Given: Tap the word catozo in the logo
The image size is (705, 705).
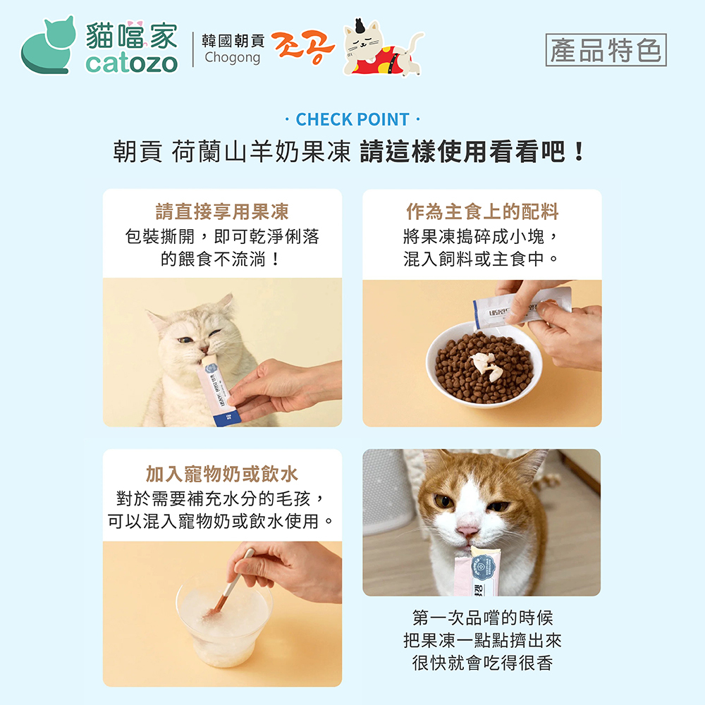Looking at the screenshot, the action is click(x=131, y=63).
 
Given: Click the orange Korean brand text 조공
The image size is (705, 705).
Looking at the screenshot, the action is click(x=303, y=47).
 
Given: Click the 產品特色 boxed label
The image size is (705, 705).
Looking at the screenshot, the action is click(x=606, y=50).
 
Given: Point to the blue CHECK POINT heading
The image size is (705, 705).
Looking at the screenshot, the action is click(x=352, y=120).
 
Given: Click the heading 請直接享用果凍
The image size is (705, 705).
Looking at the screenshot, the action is click(x=222, y=211).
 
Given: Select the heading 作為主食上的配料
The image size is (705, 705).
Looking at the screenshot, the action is click(x=482, y=211).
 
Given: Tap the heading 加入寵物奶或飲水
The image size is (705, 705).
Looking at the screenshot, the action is click(x=222, y=474).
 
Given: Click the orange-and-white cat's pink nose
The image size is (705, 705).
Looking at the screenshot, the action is click(x=467, y=531).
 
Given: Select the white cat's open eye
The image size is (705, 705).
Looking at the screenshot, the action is click(x=185, y=340).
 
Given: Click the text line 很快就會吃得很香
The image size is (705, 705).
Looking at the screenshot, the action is click(x=482, y=663).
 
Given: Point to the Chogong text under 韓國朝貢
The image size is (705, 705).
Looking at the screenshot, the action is click(x=233, y=58).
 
